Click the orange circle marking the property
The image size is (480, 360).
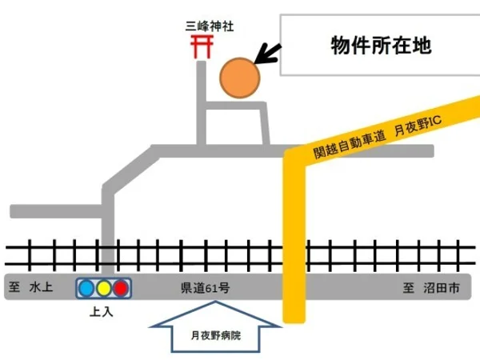coord(240,78)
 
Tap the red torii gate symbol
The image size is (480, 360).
coord(202,46)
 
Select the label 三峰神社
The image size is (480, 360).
coord(210,26)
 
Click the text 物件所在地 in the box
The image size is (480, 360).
coord(381,46)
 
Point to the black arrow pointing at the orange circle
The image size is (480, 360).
coord(267,54)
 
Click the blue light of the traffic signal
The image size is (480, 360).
coord(86,288)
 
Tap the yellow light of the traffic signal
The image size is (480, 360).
coord(104,288)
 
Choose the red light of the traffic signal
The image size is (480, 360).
coord(121,288)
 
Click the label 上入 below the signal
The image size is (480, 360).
coord(102,312)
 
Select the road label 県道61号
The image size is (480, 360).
coord(205,288)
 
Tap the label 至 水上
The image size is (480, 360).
coord(30,287)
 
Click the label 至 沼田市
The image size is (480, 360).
coord(431,288)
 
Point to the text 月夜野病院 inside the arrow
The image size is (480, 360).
coord(216,335)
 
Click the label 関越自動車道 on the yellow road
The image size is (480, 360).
coord(350,143)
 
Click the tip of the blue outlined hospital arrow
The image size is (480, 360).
coord(215,302)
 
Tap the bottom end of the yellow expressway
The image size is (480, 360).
coord(294,322)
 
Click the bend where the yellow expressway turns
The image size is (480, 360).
coord(294,158)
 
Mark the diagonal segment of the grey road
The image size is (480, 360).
coord(131,170)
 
